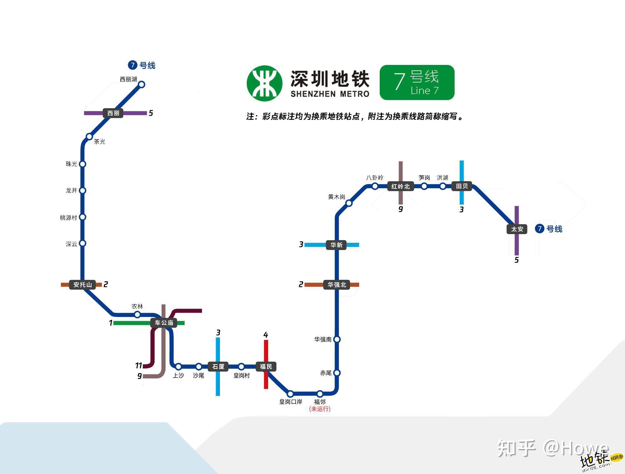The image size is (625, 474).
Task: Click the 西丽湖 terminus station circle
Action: (x=142, y=84)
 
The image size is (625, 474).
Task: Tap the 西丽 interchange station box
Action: (x=113, y=113)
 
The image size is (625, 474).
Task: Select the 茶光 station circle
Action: (x=89, y=136)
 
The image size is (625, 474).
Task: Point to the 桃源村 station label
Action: (x=68, y=218)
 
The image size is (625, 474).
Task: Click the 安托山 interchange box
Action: (x=82, y=284)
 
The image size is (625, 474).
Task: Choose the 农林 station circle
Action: (x=137, y=314)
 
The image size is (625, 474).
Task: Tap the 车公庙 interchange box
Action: (x=164, y=323)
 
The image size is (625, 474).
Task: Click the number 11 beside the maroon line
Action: (x=138, y=365)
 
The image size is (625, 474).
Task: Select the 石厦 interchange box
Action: (x=218, y=366)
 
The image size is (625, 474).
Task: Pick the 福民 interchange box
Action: (x=266, y=366)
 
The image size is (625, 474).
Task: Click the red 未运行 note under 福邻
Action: (x=320, y=409)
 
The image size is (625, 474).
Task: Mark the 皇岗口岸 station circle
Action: (x=290, y=393)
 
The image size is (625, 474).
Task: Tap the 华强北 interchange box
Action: (x=337, y=284)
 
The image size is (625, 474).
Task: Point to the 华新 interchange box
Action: (x=337, y=245)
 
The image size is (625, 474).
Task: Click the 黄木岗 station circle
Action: (x=349, y=203)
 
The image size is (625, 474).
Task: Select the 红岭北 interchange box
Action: (x=400, y=186)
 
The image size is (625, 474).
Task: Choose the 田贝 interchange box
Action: (x=462, y=186)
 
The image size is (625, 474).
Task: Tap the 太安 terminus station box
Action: (x=517, y=229)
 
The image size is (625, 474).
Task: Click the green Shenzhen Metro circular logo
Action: (x=264, y=83)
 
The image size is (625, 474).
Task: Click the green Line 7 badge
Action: (x=417, y=82)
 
